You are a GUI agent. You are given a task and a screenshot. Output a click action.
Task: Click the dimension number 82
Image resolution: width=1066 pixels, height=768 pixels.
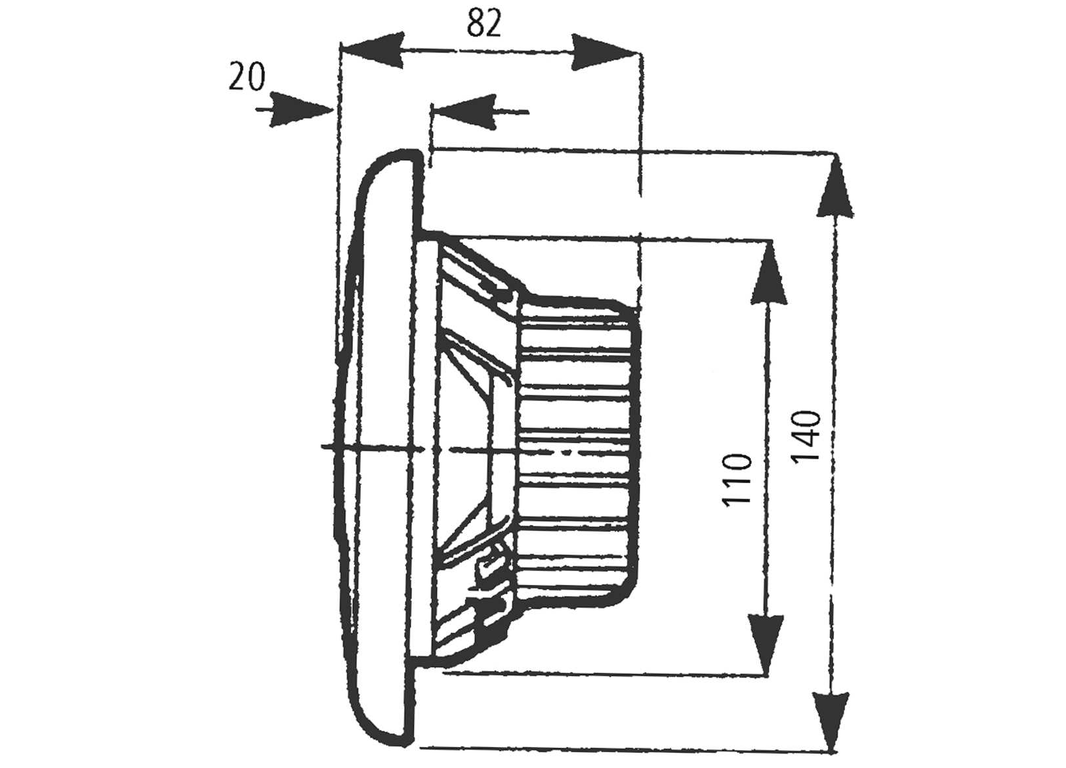[484, 24]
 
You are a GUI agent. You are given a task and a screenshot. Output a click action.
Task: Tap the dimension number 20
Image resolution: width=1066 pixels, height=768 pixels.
[246, 77]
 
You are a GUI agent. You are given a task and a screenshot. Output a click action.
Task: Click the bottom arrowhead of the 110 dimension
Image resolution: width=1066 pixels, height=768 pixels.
[767, 644]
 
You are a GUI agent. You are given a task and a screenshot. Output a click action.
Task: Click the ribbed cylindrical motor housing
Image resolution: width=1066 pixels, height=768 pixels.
[577, 446]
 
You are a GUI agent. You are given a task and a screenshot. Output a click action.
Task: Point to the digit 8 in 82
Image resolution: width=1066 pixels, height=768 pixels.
[476, 24]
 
